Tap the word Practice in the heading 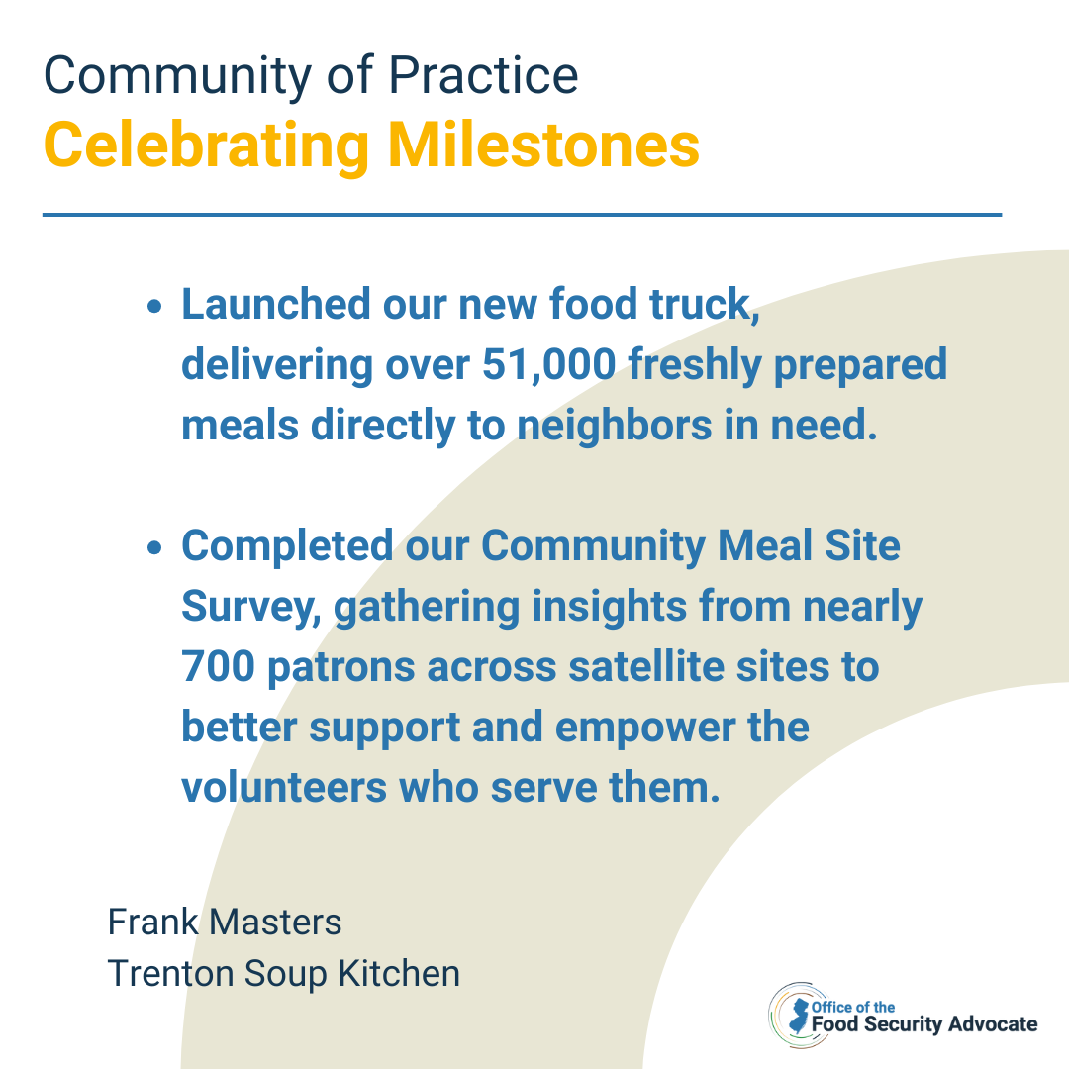pyautogui.click(x=483, y=75)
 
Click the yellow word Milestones pyautogui.click(x=544, y=145)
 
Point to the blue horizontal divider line pyautogui.click(x=523, y=215)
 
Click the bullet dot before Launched pyautogui.click(x=154, y=306)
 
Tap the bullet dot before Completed pyautogui.click(x=154, y=547)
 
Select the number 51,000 pyautogui.click(x=548, y=364)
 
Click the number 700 pyautogui.click(x=218, y=666)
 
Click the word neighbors pyautogui.click(x=615, y=425)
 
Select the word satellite pyautogui.click(x=645, y=666)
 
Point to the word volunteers pyautogui.click(x=284, y=788)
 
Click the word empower pyautogui.click(x=644, y=729)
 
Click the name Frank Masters pyautogui.click(x=225, y=923)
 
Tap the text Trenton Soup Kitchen pyautogui.click(x=284, y=974)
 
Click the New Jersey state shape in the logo pyautogui.click(x=799, y=1016)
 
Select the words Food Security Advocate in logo pyautogui.click(x=924, y=1024)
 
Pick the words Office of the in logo pyautogui.click(x=853, y=1007)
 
